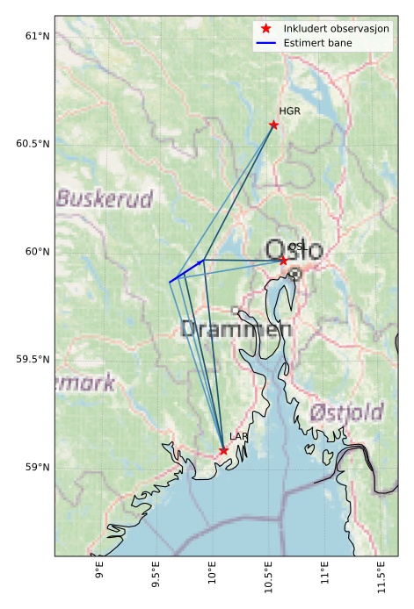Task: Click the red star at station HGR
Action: (x=273, y=125)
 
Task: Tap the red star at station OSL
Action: (x=284, y=261)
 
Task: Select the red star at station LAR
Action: (x=223, y=450)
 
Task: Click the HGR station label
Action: (x=289, y=111)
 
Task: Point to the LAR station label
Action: (x=239, y=436)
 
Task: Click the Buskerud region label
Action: (x=105, y=198)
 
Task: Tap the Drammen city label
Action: (x=236, y=330)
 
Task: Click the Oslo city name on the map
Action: (x=294, y=250)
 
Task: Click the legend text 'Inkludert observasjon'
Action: (x=337, y=29)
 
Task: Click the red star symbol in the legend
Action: (x=265, y=29)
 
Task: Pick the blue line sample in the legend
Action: (x=265, y=42)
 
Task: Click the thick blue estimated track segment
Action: (x=186, y=271)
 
